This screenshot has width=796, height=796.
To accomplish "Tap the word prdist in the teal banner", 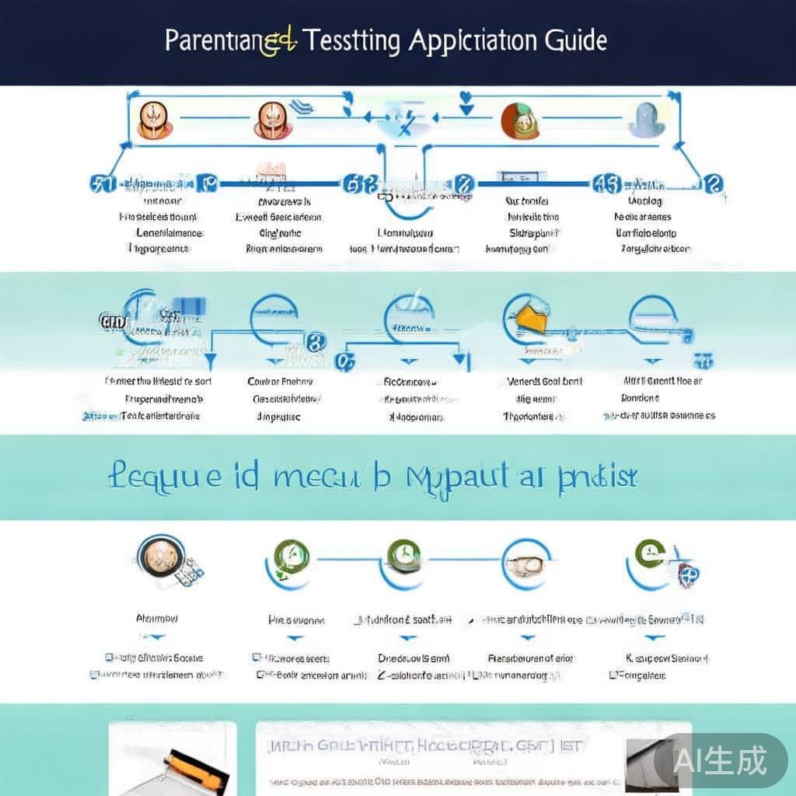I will coord(598,476).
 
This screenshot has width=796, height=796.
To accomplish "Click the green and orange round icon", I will coord(520,121).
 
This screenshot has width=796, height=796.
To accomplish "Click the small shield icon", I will coord(688,574).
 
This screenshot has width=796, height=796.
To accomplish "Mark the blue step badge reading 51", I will coord(103,184).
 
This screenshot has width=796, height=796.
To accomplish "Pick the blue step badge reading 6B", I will coord(360,185).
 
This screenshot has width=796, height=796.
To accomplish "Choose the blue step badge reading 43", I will coord(607,184).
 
